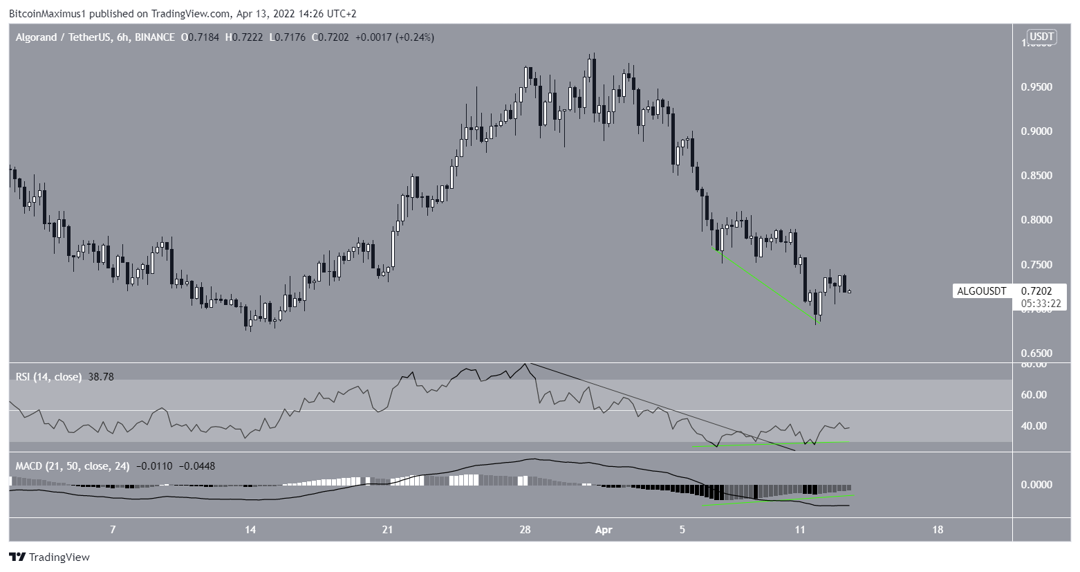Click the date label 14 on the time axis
tap(250, 530)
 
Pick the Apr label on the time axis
tap(604, 530)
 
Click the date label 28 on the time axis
tap(525, 530)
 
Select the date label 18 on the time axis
tap(937, 530)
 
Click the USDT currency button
tap(1041, 37)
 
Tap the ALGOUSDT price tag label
tap(981, 291)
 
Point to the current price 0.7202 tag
tap(1041, 291)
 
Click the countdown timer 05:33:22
tap(1041, 303)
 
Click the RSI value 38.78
tap(101, 377)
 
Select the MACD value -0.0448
tap(197, 466)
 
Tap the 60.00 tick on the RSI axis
tap(1034, 395)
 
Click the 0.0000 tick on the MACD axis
tap(1037, 485)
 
